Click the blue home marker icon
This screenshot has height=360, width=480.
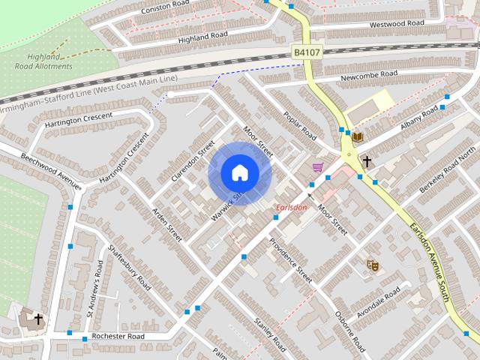point(239,172)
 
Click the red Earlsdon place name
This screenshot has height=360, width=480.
point(291,208)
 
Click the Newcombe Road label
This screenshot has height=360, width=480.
point(369,74)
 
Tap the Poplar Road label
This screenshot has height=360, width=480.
point(300,127)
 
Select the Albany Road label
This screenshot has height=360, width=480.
point(418,117)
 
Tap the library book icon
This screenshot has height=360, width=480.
point(358,136)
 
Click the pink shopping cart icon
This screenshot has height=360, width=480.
point(318,166)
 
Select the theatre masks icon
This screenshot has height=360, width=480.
point(372,265)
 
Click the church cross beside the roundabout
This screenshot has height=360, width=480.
point(367,160)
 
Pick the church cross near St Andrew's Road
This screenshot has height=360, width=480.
point(37,319)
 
